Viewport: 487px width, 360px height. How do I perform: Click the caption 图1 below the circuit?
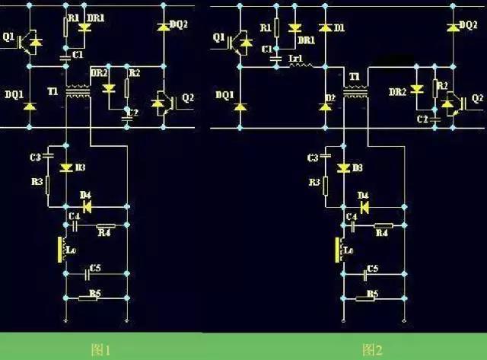coord(101,350)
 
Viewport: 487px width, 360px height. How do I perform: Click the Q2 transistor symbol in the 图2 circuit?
coord(454,102)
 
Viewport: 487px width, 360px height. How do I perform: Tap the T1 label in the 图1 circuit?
coord(52,91)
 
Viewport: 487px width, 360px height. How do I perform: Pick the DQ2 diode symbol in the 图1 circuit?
coord(162,27)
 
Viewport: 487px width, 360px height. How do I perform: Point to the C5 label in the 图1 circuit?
coord(95,268)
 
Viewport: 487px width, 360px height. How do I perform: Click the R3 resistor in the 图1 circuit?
coord(47,184)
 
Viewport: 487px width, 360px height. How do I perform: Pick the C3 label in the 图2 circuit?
coord(312,158)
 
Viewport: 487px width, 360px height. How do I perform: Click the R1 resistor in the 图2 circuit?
coord(276,29)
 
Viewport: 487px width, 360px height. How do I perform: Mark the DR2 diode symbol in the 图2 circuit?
coord(416,90)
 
